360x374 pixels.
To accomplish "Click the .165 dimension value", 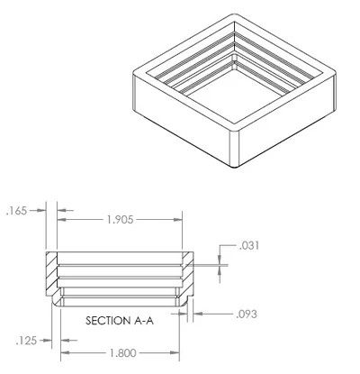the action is [x=16, y=211].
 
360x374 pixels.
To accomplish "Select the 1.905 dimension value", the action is [x=120, y=220].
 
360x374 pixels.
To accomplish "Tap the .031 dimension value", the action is [x=249, y=246].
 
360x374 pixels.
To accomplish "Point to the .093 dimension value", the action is [x=247, y=315].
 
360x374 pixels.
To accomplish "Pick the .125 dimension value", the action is [x=26, y=341].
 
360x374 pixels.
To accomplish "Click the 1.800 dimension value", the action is [x=123, y=353].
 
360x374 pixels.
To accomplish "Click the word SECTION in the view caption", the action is [x=107, y=321].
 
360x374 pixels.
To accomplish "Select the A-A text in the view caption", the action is [x=143, y=321].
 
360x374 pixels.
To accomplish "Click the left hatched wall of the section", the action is [x=51, y=273].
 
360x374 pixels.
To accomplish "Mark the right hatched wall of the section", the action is [x=187, y=273].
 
